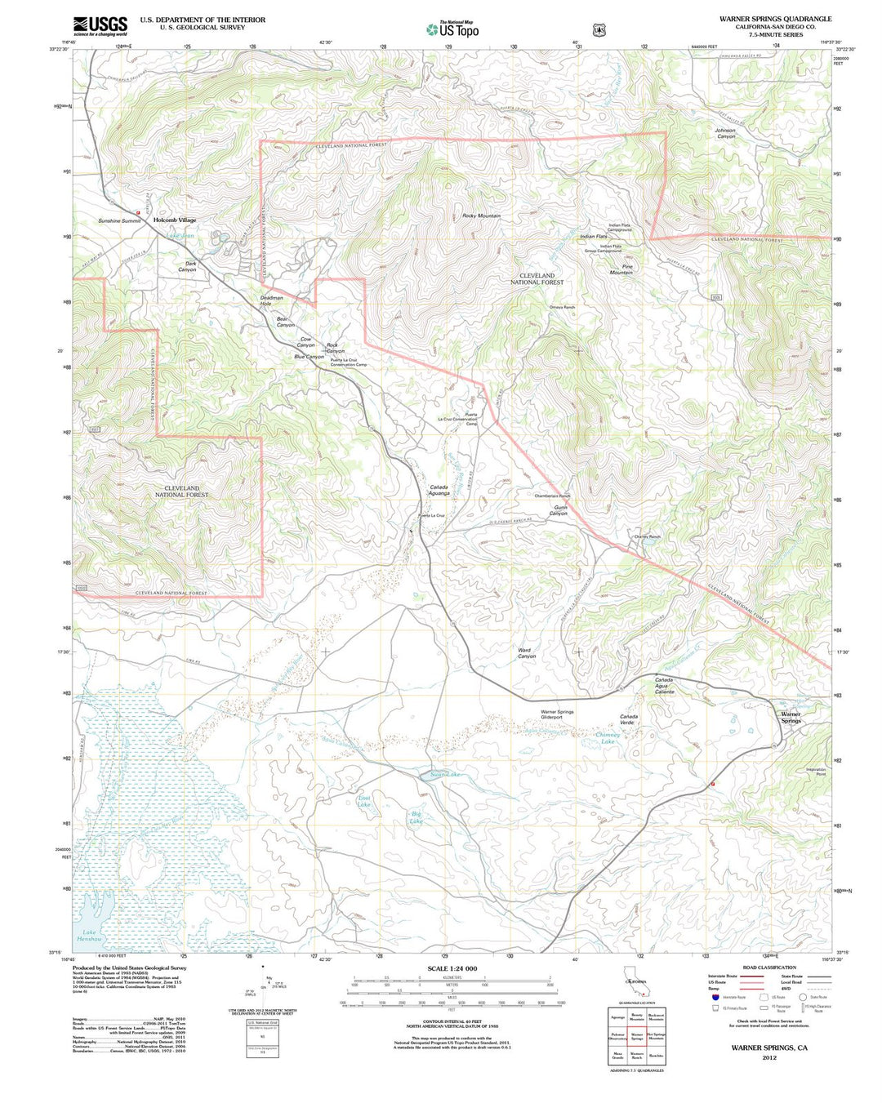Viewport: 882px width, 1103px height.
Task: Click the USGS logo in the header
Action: coord(100,26)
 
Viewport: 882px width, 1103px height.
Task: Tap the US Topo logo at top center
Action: coord(452,29)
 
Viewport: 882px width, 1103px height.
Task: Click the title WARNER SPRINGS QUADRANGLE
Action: coord(775,19)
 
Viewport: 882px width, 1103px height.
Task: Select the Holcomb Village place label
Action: coord(175,220)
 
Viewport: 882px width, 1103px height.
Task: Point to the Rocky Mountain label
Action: coord(481,216)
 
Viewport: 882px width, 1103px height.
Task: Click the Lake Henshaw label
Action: coord(89,936)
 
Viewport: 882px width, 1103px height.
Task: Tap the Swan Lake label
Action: coord(445,774)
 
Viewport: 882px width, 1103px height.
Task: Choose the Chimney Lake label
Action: coord(607,738)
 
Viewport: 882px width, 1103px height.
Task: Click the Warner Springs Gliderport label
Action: coord(557,714)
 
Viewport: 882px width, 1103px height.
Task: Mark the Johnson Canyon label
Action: coord(725,133)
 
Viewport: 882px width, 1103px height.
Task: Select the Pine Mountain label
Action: coord(621,269)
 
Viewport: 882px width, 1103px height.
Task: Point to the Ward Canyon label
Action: coord(527,653)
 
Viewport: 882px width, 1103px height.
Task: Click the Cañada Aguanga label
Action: coord(439,490)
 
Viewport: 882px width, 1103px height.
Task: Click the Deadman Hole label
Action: coord(271,300)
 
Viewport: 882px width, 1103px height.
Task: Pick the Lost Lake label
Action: coord(364,801)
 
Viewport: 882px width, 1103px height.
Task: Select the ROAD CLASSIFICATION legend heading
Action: coord(769,967)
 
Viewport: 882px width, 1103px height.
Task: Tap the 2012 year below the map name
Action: coord(769,1057)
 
